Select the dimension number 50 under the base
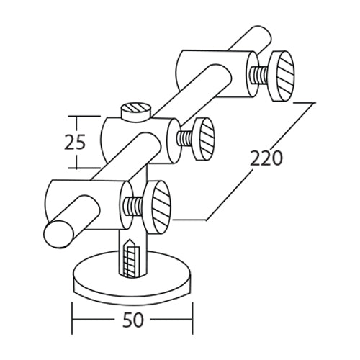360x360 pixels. coord(133,319)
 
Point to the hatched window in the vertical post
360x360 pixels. coord(130,256)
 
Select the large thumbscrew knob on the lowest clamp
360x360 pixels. coord(158,206)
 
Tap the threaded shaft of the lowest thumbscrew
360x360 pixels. coord(132,205)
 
